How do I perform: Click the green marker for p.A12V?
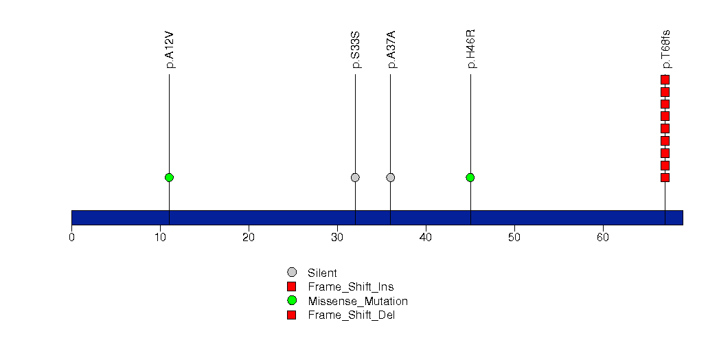(x=169, y=177)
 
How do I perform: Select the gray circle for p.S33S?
(x=355, y=177)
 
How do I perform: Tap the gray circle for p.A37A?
(x=391, y=177)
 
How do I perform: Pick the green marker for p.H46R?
(x=470, y=177)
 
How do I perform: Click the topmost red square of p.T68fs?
(x=665, y=80)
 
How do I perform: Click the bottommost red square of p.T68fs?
(x=665, y=177)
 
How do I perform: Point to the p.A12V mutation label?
(x=170, y=50)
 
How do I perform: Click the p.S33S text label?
(x=356, y=50)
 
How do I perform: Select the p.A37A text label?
(x=391, y=50)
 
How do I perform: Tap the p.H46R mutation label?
(x=471, y=49)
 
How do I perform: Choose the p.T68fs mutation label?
(x=666, y=49)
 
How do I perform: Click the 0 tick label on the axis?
(x=71, y=238)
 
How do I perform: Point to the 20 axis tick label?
(x=249, y=238)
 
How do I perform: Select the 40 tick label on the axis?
(x=426, y=238)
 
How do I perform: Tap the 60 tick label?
(x=603, y=238)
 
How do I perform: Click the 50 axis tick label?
(x=514, y=238)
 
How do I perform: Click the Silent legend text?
(x=322, y=273)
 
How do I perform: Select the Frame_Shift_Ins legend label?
(x=351, y=287)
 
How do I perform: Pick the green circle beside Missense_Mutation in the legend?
(x=292, y=301)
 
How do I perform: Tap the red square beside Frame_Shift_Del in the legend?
(x=292, y=315)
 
